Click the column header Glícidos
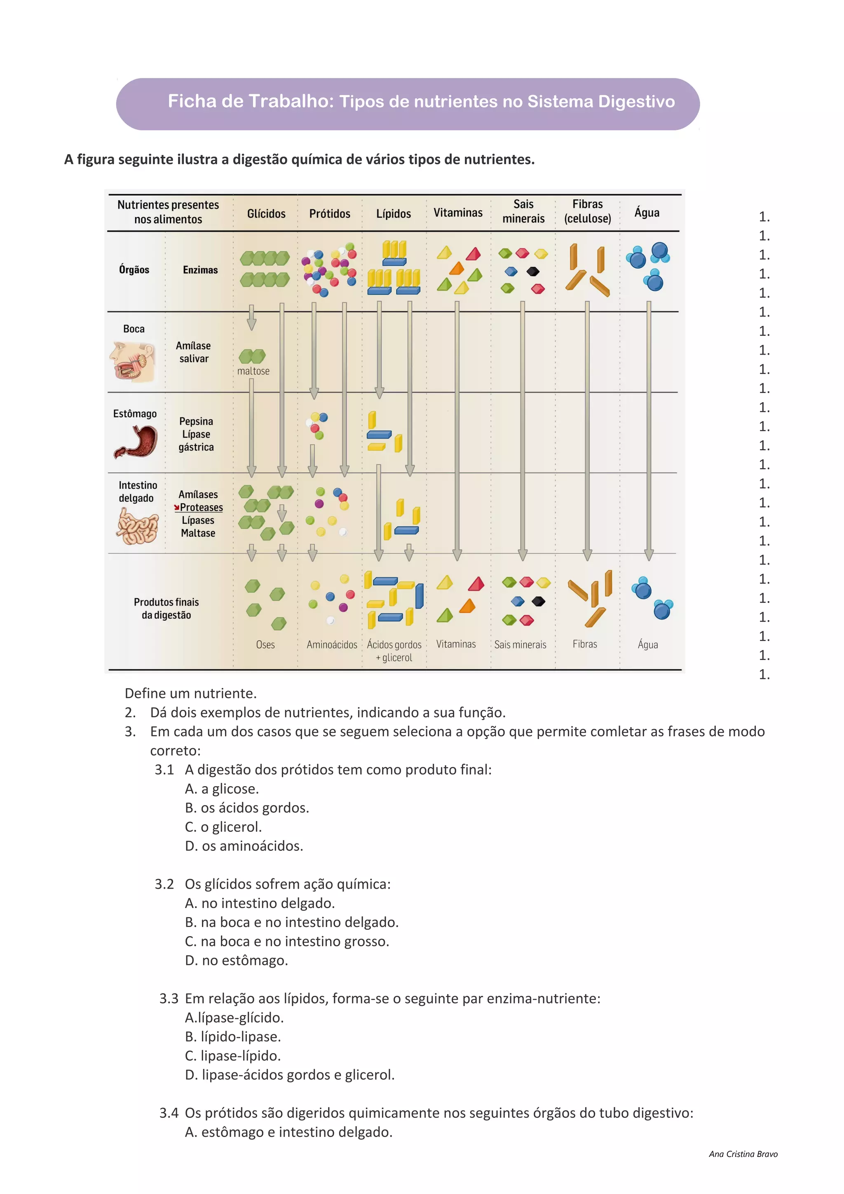tap(266, 214)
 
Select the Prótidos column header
tap(330, 214)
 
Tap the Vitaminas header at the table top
tap(457, 213)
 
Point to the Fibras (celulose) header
tap(587, 211)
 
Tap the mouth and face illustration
tap(133, 361)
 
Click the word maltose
tap(253, 371)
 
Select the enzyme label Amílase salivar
tap(193, 352)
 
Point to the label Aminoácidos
tap(332, 645)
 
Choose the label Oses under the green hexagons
tap(265, 645)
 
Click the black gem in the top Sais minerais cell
tap(533, 272)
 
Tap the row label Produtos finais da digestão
tap(166, 609)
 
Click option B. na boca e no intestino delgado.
tap(292, 922)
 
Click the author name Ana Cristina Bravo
tap(743, 1154)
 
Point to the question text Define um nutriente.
tap(191, 694)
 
